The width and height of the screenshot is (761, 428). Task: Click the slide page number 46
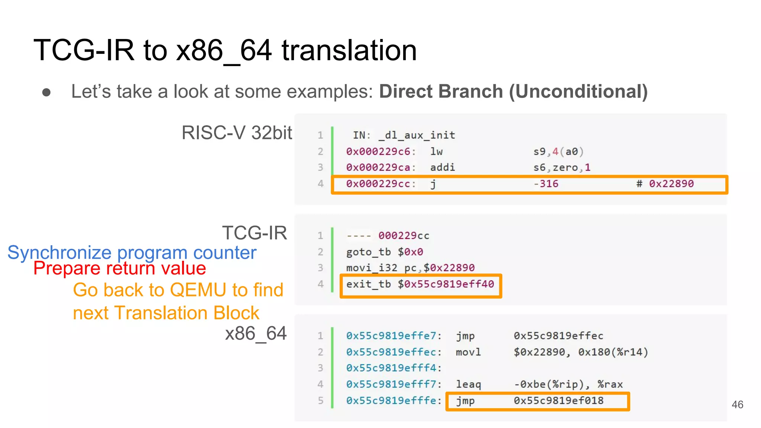click(x=737, y=405)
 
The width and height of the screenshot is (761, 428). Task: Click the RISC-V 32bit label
click(x=237, y=133)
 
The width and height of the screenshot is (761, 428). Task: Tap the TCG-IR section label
click(x=255, y=233)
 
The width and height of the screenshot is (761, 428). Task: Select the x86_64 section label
click(x=256, y=333)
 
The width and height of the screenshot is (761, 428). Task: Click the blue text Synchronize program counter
click(x=132, y=253)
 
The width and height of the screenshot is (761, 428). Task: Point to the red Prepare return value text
click(x=120, y=268)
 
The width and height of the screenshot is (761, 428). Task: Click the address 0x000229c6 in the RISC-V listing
click(x=379, y=152)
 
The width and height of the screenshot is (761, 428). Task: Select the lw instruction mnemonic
click(x=437, y=152)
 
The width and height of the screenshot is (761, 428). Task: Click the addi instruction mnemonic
click(x=442, y=168)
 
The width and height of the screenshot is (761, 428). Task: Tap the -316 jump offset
click(x=546, y=184)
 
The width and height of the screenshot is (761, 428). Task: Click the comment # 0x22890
click(x=665, y=184)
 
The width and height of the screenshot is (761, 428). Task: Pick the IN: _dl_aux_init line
click(x=404, y=135)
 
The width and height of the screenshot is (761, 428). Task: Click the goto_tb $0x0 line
click(x=385, y=252)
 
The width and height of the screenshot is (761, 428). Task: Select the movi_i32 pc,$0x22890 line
click(x=410, y=268)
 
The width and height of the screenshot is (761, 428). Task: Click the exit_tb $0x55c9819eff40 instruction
click(x=420, y=285)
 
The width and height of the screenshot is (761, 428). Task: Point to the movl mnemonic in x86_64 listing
click(x=468, y=352)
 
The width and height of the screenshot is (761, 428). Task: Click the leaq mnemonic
click(x=468, y=385)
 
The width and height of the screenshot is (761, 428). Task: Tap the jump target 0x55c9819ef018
click(x=558, y=401)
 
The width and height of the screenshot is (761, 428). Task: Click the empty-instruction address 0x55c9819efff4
click(x=391, y=368)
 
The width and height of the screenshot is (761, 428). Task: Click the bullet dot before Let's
click(x=46, y=92)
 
